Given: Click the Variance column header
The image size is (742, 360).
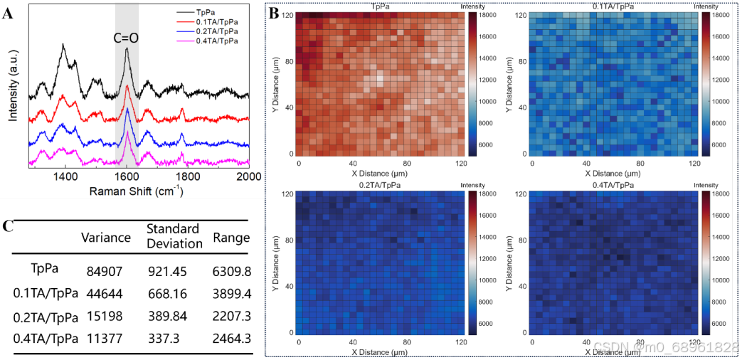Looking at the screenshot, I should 106,237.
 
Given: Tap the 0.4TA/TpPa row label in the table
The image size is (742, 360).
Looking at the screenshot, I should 45,338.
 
